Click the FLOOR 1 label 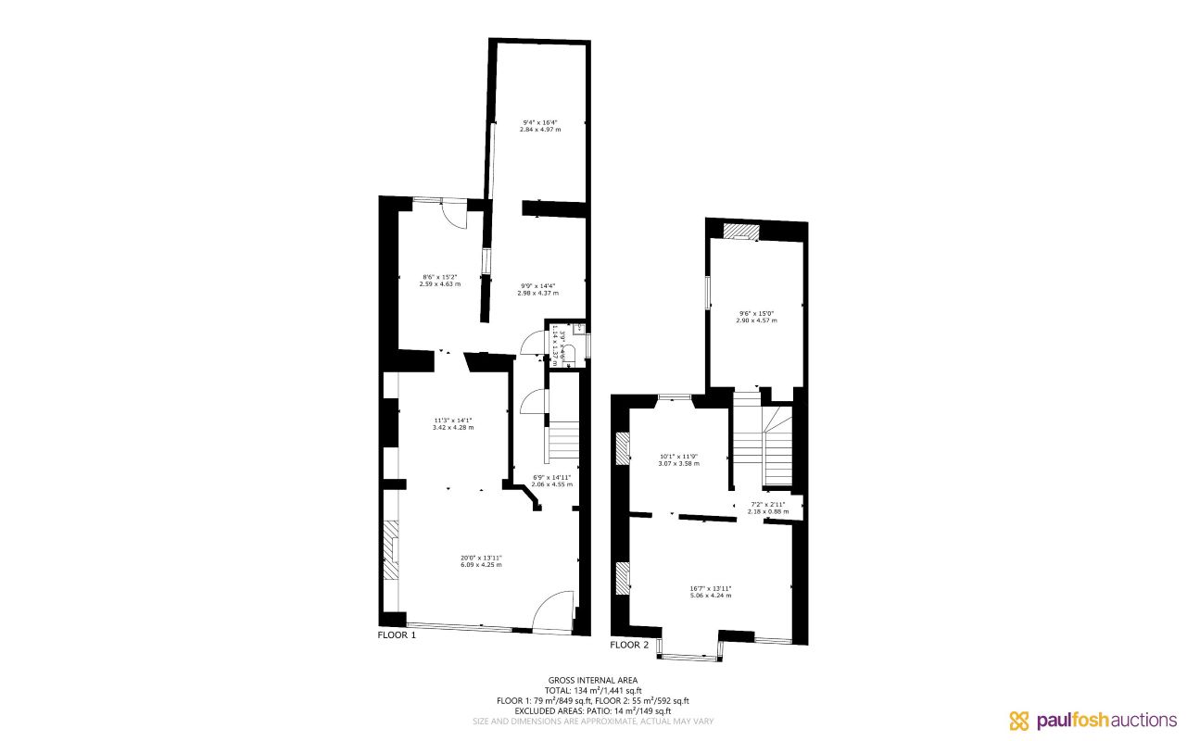tap(398, 635)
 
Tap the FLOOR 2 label tap(629, 645)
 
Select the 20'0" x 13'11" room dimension tap(481, 560)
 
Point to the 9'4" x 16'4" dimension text tap(540, 126)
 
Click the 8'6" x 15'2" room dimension tap(440, 280)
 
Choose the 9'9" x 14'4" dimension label tap(537, 289)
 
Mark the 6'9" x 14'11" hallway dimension tap(551, 481)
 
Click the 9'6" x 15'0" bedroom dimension tap(756, 316)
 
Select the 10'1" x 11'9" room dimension tap(678, 458)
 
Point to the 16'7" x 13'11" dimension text tap(710, 591)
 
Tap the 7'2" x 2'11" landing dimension tap(768, 508)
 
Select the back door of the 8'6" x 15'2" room tap(453, 213)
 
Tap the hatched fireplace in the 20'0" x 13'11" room tap(392, 550)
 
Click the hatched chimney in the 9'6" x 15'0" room tap(740, 231)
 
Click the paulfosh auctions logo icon tap(1019, 721)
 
